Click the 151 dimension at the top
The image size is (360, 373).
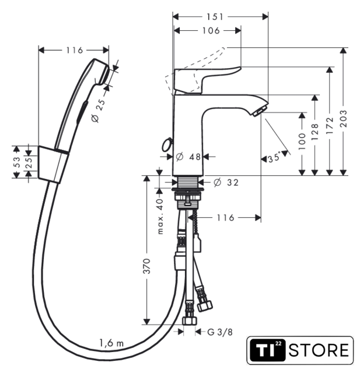215,17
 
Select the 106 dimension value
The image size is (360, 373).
211,31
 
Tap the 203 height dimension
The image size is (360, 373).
343,118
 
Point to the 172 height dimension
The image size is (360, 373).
330,125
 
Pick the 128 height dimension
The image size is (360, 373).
314,132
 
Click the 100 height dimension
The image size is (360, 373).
302,141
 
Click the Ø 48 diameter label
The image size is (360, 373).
188,157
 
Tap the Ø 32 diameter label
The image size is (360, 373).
226,182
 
